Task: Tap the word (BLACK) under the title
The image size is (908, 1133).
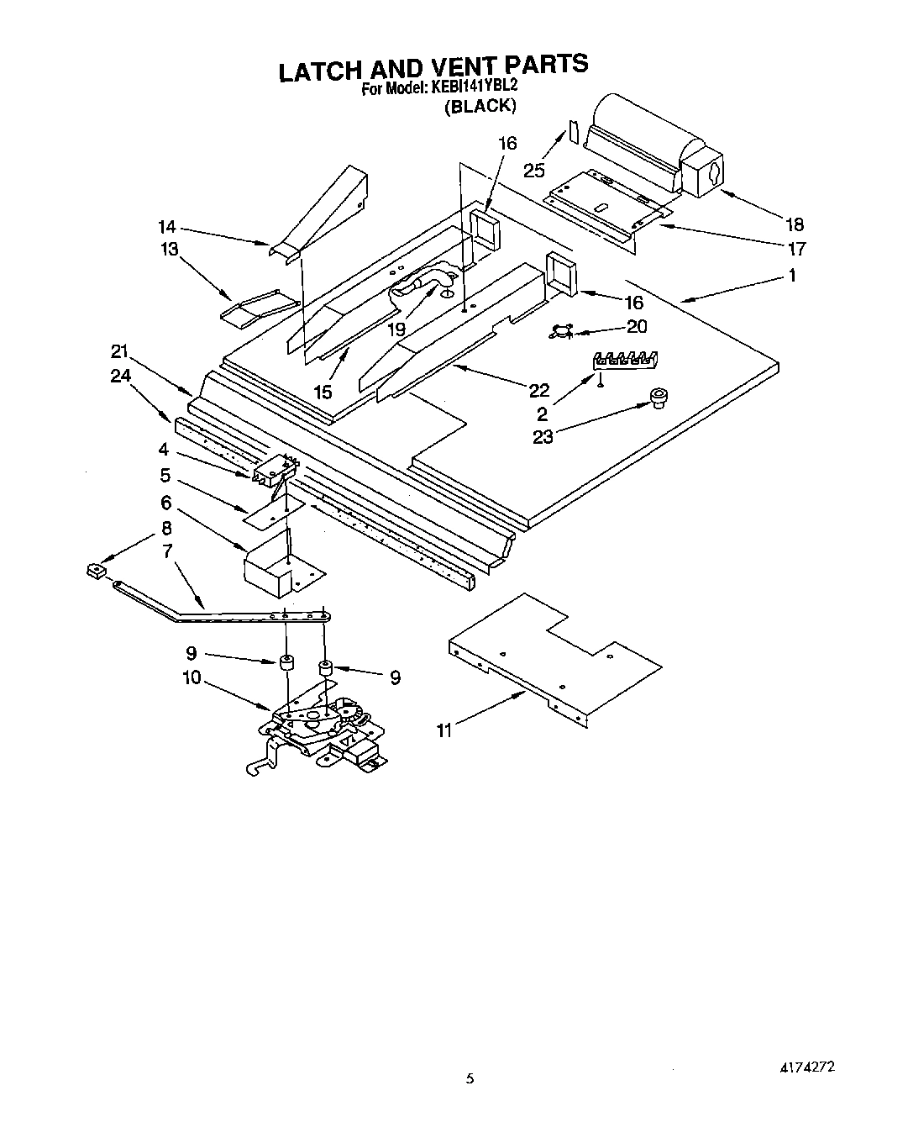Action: [x=479, y=106]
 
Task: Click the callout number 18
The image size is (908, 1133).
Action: [x=794, y=224]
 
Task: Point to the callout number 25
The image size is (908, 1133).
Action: [x=533, y=171]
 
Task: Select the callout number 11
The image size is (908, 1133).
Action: [x=444, y=730]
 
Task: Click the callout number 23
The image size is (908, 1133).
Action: [x=543, y=437]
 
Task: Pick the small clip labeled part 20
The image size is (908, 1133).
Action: [x=558, y=333]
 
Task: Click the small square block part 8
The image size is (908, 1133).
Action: [x=97, y=572]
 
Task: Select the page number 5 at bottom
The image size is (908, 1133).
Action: [x=470, y=1079]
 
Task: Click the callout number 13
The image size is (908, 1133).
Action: [x=170, y=250]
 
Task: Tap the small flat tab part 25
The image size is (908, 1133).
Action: [x=574, y=132]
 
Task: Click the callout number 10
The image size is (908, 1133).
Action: [x=192, y=677]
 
